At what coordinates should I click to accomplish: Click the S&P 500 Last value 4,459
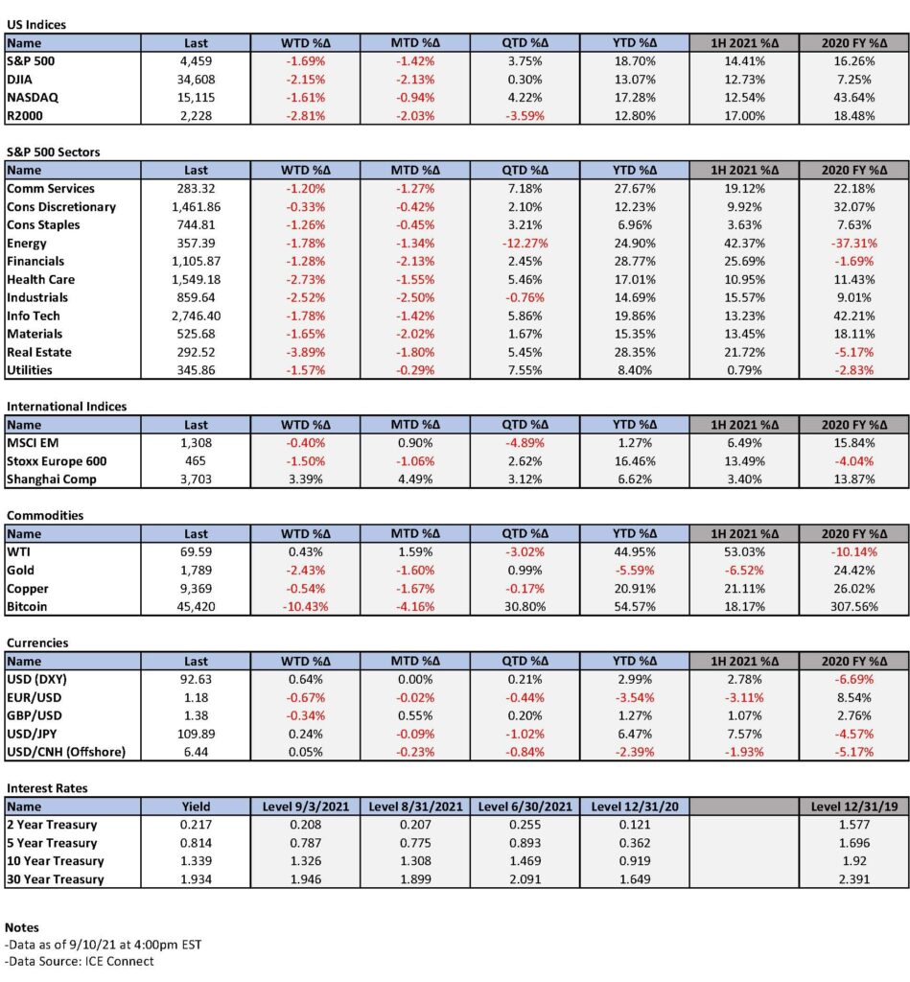click(x=196, y=61)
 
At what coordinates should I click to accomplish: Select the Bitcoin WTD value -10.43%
click(x=305, y=607)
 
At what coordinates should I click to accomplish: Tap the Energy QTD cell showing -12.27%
click(x=525, y=243)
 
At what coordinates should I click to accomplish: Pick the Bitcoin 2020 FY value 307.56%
click(x=853, y=607)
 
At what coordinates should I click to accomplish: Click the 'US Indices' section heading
click(x=35, y=24)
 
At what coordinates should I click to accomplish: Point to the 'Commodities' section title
click(x=44, y=515)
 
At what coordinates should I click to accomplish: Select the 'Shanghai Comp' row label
click(x=52, y=479)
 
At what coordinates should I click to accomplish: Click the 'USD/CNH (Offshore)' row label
click(x=66, y=752)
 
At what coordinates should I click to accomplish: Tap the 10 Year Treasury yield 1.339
click(x=196, y=861)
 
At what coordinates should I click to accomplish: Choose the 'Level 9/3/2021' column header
click(x=305, y=807)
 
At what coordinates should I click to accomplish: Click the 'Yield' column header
click(x=196, y=807)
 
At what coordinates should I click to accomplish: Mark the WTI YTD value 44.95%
click(x=635, y=552)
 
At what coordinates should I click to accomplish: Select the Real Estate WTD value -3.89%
click(x=305, y=353)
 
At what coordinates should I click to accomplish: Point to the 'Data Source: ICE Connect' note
click(x=79, y=961)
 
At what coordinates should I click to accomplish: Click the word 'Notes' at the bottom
click(x=22, y=927)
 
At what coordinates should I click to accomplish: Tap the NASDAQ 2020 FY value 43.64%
click(x=853, y=98)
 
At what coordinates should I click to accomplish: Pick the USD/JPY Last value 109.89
click(x=196, y=734)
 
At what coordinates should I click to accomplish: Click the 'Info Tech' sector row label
click(x=34, y=316)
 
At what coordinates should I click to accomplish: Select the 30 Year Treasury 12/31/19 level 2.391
click(x=853, y=879)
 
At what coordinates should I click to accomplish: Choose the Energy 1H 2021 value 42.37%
click(x=744, y=243)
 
